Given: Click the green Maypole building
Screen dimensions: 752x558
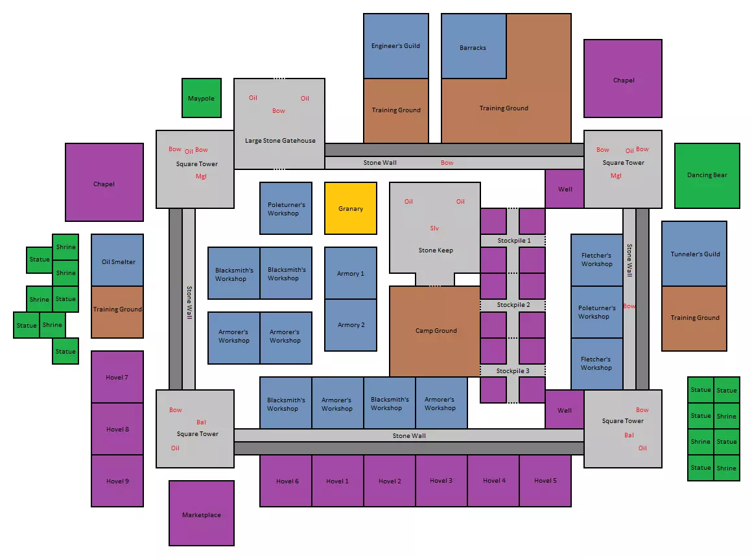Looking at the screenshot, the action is coord(202,98).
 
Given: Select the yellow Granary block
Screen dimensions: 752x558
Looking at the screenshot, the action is coord(351,208).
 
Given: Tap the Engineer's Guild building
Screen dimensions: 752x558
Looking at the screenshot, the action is coord(395,46).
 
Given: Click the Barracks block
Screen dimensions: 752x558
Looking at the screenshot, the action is coord(473,46).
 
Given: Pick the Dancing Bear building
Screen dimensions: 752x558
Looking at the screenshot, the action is coord(707,176).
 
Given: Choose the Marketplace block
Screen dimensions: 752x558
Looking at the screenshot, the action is coord(202,513).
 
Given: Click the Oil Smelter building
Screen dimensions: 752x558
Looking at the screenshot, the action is coord(117,260).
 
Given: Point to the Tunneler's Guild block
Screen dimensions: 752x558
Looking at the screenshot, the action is coord(694,254).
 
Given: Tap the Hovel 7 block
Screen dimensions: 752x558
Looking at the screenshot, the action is coord(117,377).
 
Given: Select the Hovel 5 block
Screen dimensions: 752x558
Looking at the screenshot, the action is coord(545,481).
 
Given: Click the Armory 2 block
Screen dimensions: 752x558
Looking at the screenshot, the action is coord(351,325).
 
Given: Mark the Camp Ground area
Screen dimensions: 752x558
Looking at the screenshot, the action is coord(435,332).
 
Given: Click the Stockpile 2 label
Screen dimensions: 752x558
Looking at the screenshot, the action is coord(513,305).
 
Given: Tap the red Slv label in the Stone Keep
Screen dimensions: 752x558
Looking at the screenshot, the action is coord(434,228).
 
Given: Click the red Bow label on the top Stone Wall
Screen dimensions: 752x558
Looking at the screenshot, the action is coord(447,163).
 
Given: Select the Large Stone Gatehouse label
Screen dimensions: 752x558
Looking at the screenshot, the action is coord(280,141).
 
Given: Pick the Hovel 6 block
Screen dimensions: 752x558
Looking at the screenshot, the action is coord(286,481).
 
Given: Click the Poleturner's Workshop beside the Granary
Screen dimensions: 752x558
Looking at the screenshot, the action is coord(286,208).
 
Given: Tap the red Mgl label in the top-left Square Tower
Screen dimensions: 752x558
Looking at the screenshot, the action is coord(201,176).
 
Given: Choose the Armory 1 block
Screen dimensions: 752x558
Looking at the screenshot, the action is coord(351,273).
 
